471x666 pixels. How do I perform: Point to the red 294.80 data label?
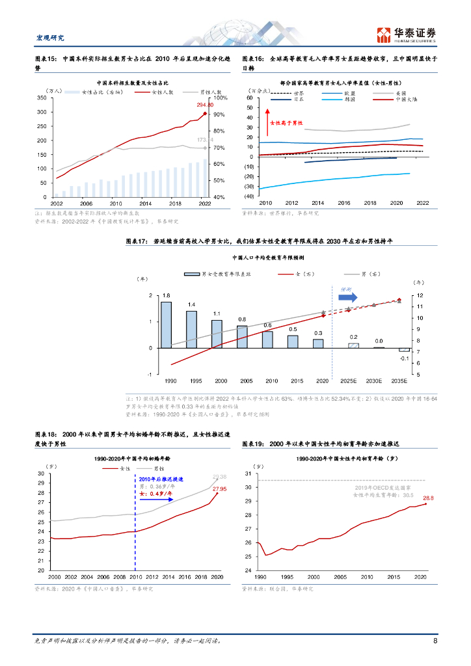coord(205,105)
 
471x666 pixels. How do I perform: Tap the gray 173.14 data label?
coord(205,140)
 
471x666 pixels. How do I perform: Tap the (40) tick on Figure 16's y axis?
coord(248,196)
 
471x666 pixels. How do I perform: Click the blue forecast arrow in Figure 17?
coord(349,296)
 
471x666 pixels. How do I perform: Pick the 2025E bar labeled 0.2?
coord(353,345)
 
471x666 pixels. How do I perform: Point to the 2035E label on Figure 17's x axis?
coord(404,380)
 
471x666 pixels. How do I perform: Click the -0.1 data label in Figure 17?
coord(404,358)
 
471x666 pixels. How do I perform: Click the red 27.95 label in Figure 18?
coord(219,488)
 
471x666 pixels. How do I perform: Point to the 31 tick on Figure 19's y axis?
coord(248,474)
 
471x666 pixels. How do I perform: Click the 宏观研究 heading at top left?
coord(49,38)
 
